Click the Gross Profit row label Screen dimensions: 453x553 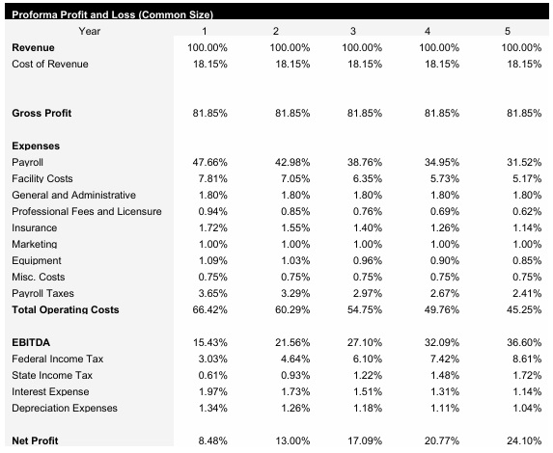(41, 114)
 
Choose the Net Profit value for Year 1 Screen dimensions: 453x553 (211, 441)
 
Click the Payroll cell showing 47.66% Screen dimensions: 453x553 (209, 163)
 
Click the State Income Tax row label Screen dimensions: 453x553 (51, 376)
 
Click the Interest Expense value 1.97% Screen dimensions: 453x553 (211, 392)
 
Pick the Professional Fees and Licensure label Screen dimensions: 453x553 (87, 212)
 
